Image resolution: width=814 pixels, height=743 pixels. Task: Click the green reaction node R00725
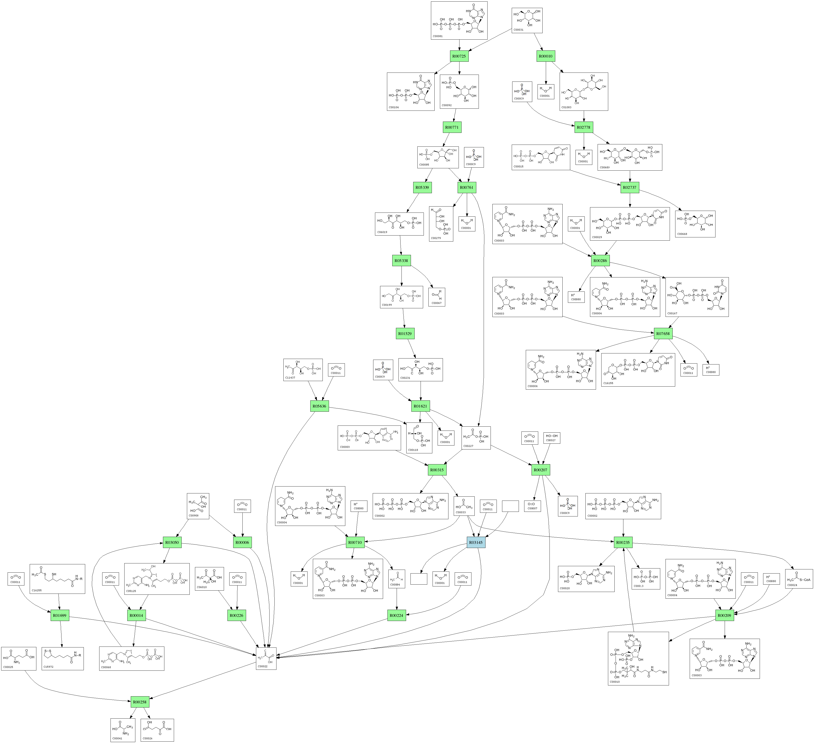pyautogui.click(x=459, y=56)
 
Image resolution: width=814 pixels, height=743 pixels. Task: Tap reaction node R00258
pyautogui.click(x=140, y=702)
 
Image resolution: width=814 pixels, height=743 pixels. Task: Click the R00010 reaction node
pyautogui.click(x=546, y=56)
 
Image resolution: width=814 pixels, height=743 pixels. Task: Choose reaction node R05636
pyautogui.click(x=319, y=406)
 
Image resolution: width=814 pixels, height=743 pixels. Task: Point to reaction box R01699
pyautogui.click(x=60, y=615)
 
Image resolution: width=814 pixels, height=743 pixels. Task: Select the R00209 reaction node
pyautogui.click(x=724, y=615)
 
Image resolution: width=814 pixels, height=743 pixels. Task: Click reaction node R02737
pyautogui.click(x=629, y=187)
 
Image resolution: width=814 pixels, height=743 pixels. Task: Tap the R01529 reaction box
pyautogui.click(x=404, y=334)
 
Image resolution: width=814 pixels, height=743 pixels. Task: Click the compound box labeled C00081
pyautogui.click(x=459, y=20)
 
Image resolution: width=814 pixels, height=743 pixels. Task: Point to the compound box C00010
pyautogui.click(x=638, y=658)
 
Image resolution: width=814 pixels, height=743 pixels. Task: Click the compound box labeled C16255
pyautogui.click(x=57, y=579)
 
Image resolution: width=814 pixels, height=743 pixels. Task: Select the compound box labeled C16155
pyautogui.click(x=638, y=370)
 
